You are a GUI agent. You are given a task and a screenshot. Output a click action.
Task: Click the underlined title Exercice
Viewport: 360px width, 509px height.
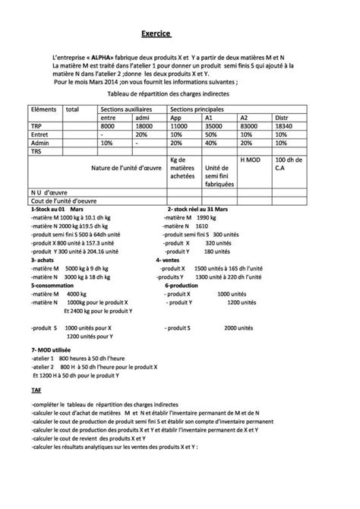click(x=156, y=34)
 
